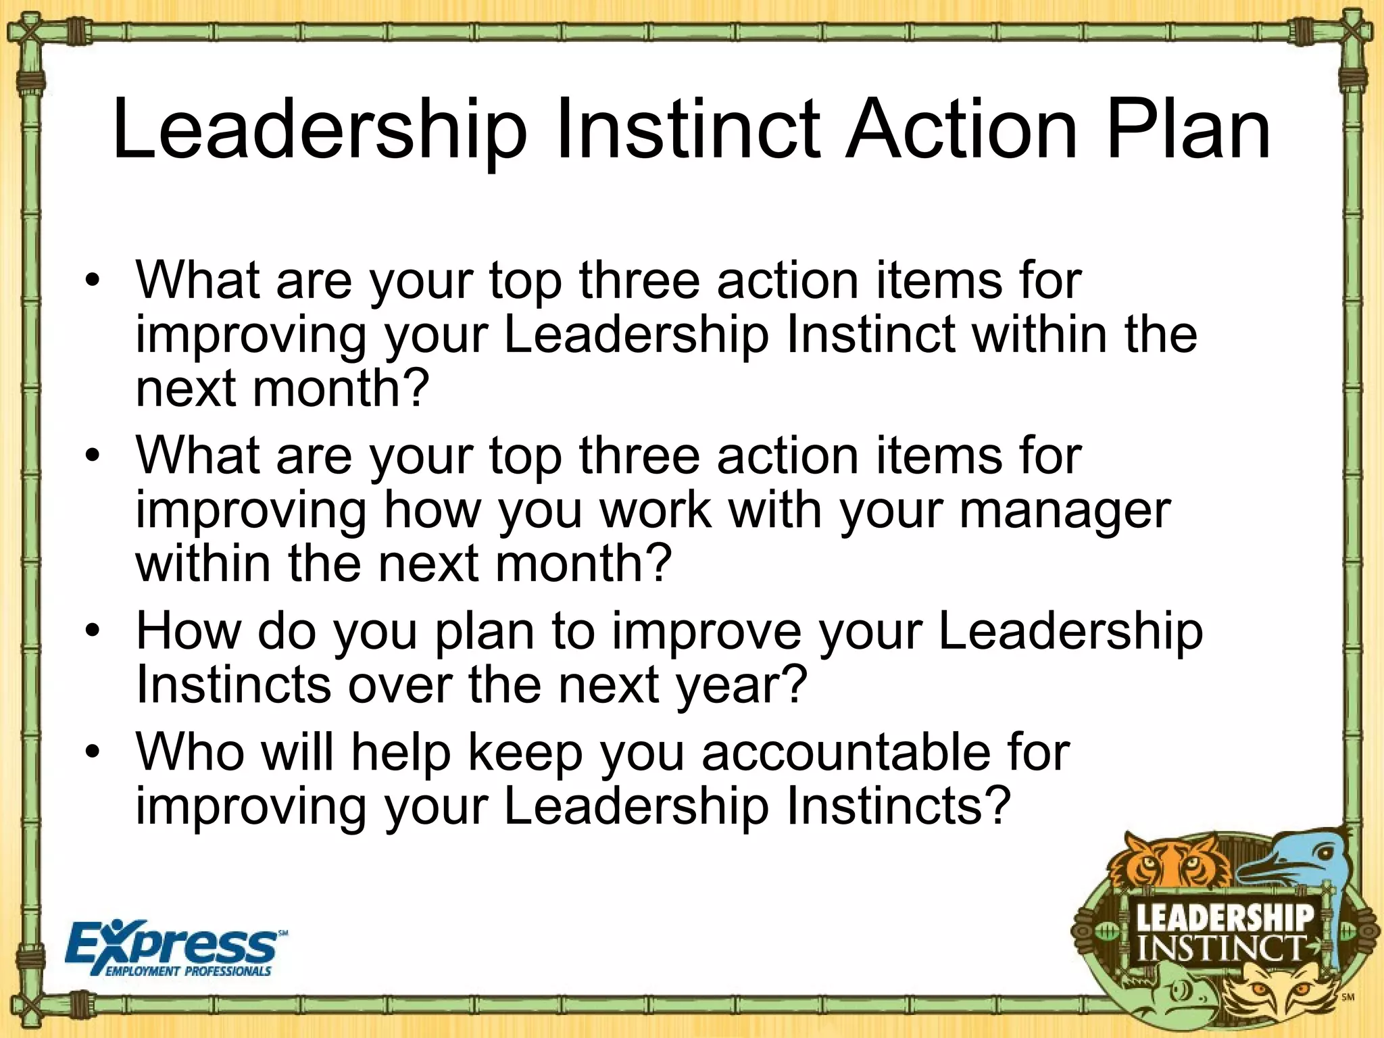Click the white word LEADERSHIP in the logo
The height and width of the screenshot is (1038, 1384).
pyautogui.click(x=1225, y=918)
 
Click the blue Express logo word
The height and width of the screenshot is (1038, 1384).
pyautogui.click(x=172, y=944)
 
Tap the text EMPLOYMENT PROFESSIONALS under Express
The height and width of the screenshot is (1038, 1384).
pyautogui.click(x=188, y=972)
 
